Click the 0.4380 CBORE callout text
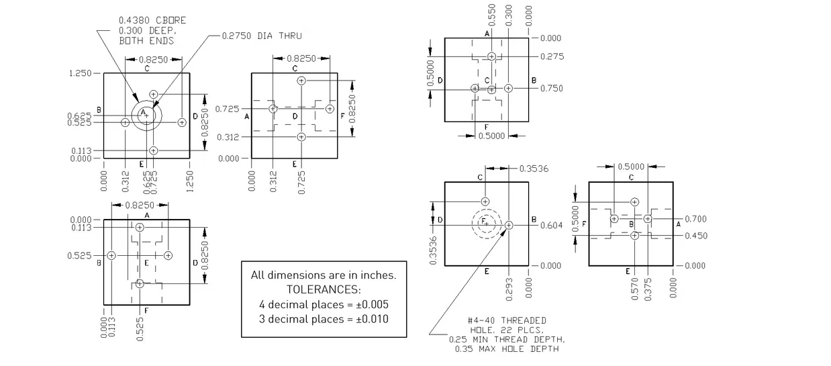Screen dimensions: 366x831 coord(152,21)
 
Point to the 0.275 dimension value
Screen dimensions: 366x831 coord(552,56)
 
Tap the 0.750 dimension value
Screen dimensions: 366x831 coord(552,89)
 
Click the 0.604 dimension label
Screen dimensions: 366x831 coord(552,225)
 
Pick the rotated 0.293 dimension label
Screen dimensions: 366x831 coord(509,288)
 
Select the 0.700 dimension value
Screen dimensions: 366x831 coord(695,219)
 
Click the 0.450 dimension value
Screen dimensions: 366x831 coord(695,236)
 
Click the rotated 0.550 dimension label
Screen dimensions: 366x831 coord(492,15)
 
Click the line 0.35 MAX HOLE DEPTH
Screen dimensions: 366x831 coord(506,349)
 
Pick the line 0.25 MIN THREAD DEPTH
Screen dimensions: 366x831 coord(507,340)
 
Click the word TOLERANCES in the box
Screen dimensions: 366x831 coord(324,289)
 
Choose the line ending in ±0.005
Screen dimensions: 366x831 coord(324,304)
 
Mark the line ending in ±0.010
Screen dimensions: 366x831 coord(324,319)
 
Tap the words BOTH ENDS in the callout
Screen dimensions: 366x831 coord(146,41)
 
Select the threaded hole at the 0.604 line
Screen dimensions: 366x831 coord(509,225)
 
